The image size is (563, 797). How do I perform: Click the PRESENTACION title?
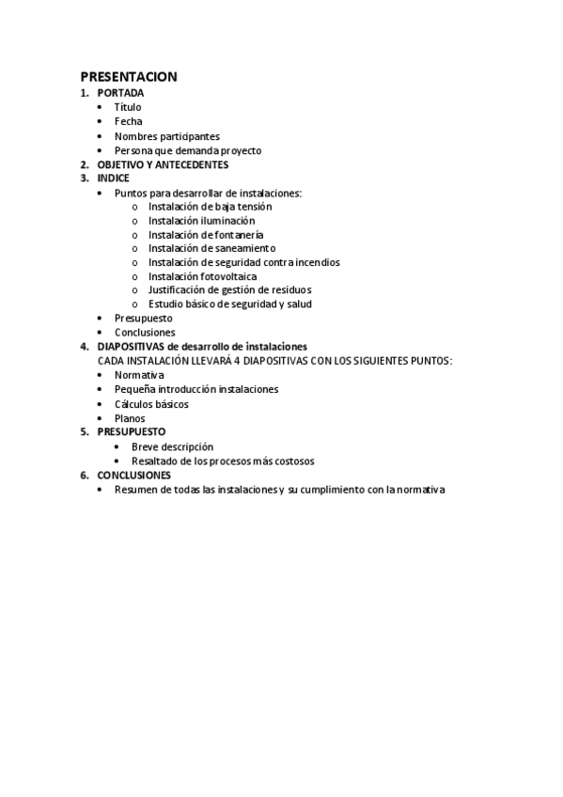[128, 76]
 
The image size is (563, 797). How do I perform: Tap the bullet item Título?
[128, 107]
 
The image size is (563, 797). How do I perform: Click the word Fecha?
[129, 121]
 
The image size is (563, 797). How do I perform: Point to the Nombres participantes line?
[166, 136]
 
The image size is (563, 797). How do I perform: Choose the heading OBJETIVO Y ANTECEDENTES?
[163, 164]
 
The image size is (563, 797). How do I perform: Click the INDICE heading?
[114, 178]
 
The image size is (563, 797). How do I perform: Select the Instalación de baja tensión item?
[210, 206]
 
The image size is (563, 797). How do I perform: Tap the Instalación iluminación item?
[201, 220]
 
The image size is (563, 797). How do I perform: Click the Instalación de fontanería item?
[205, 234]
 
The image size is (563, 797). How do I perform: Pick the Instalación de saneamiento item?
[211, 248]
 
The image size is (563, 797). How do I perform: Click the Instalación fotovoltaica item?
[202, 276]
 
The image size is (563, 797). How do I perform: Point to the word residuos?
[289, 289]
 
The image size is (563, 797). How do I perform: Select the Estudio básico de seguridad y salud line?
[230, 304]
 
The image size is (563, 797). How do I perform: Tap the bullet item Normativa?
[139, 374]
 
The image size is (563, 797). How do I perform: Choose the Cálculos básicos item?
[151, 404]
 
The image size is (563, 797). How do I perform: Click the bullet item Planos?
[130, 418]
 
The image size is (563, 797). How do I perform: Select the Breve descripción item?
[172, 446]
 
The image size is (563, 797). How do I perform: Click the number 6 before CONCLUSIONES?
[84, 476]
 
